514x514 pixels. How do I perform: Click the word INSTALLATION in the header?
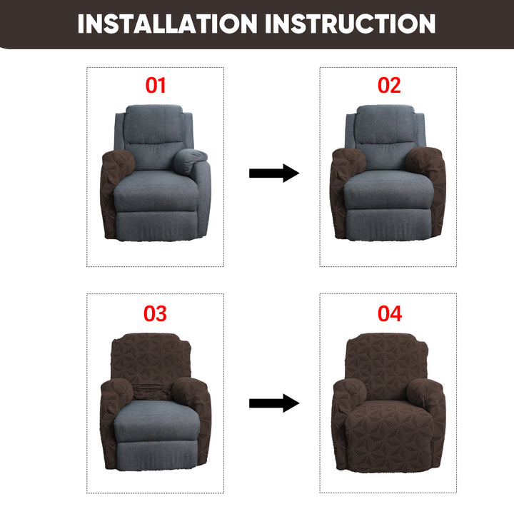tap(168, 24)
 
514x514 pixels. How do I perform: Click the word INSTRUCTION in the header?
tap(350, 24)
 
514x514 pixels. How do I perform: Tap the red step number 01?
tap(156, 85)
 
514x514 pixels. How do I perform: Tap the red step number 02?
tap(389, 85)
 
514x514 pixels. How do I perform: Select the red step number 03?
tap(155, 313)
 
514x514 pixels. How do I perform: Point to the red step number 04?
tap(390, 313)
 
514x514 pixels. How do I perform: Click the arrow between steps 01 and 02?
tap(274, 173)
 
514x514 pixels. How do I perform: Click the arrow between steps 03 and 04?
tap(274, 403)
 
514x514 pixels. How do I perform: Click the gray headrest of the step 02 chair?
tap(385, 124)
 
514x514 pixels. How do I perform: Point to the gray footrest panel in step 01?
tap(157, 226)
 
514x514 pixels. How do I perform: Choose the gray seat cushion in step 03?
tap(156, 420)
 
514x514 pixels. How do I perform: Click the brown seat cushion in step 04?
tap(389, 423)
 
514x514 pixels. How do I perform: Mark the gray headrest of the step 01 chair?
tap(154, 124)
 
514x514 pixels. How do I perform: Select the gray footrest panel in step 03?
tap(157, 455)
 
